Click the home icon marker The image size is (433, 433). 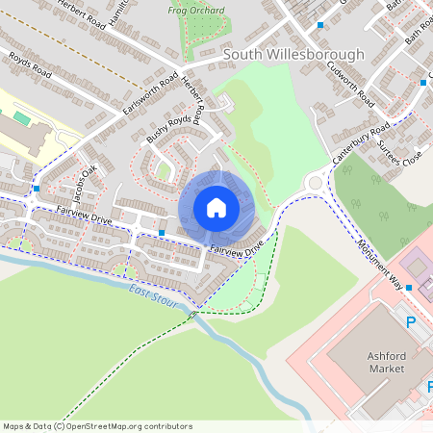216,208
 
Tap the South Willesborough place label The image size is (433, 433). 293,55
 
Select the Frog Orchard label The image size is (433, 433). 196,11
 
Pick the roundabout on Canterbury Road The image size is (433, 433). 316,181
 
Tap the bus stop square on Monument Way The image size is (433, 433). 409,287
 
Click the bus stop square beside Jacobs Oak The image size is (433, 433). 37,189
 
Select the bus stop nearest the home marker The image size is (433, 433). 162,233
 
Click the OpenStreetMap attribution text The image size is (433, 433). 97,425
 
